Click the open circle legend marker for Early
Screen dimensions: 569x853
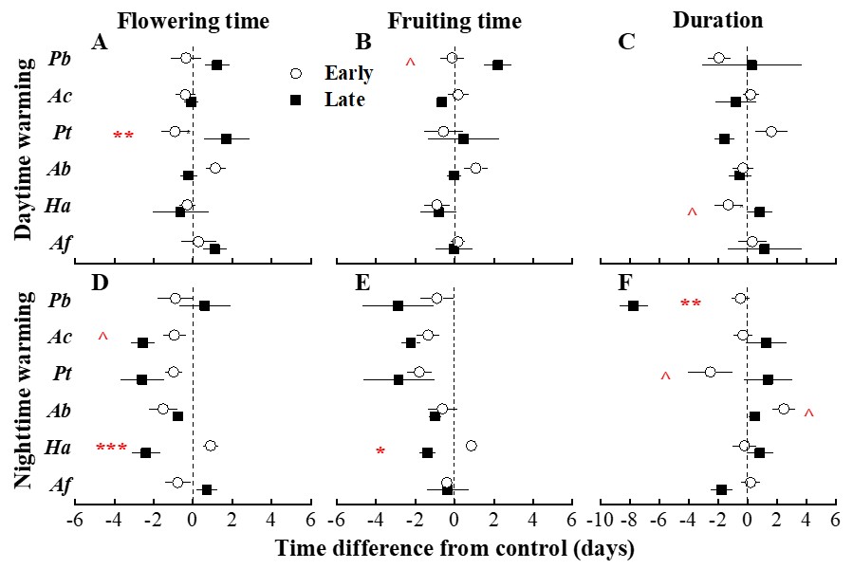pos(295,74)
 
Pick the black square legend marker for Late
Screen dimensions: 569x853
pos(295,99)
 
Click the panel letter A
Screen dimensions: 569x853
pos(98,42)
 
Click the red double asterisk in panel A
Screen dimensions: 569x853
pos(123,137)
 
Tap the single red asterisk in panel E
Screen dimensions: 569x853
pos(380,452)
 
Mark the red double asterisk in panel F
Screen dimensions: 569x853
pos(691,304)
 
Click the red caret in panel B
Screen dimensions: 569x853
pos(410,63)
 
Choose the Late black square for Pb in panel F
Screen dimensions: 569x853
pos(633,305)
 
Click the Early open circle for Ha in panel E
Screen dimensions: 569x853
pos(471,446)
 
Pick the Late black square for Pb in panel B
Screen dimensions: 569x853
pos(497,64)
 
